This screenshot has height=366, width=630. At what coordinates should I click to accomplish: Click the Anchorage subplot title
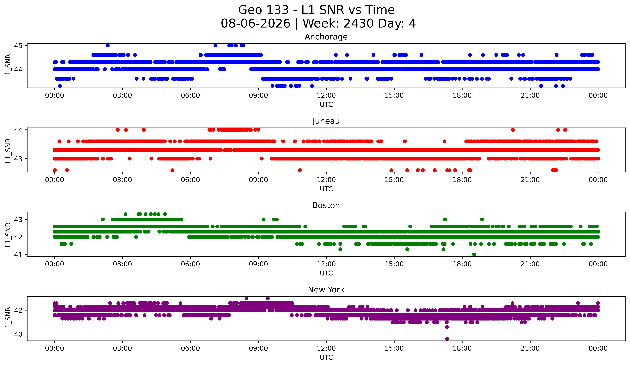[x=326, y=37]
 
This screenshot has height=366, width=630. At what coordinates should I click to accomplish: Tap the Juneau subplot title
[x=326, y=121]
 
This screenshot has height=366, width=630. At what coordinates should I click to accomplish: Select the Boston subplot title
[x=326, y=205]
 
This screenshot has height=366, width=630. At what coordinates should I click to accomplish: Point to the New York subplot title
[x=326, y=290]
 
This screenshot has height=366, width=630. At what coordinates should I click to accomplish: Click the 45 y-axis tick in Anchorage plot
[x=18, y=45]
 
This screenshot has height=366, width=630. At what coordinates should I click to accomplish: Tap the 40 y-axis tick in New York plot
[x=18, y=334]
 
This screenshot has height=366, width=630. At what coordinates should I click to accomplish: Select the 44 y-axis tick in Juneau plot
[x=18, y=130]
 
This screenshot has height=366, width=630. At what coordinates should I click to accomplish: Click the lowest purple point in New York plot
[x=447, y=339]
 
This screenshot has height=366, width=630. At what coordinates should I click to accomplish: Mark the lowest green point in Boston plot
[x=474, y=254]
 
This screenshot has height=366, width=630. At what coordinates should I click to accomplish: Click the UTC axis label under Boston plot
[x=326, y=273]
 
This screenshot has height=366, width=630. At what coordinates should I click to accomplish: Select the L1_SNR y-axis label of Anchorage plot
[x=8, y=66]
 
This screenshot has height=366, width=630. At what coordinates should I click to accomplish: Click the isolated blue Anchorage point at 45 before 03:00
[x=108, y=45]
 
